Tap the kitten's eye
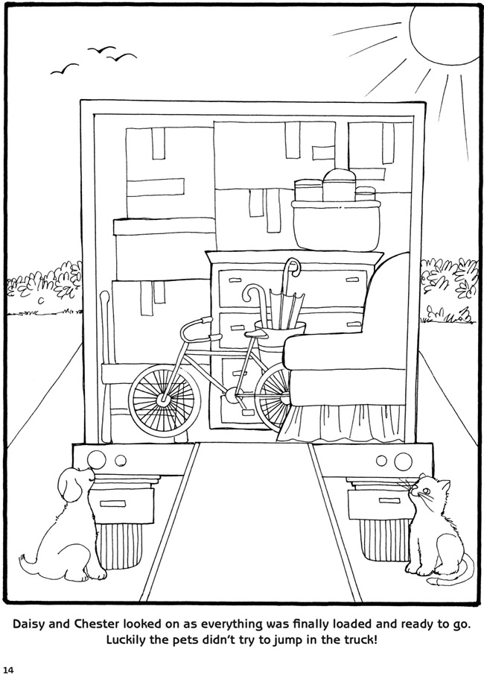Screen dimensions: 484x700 coord(426,491)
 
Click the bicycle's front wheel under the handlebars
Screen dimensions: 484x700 coord(162,399)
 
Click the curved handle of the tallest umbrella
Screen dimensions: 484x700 coord(292,267)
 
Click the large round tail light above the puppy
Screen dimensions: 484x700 coord(96,458)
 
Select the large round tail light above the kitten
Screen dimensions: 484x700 coord(402,461)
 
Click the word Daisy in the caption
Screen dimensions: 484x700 coord(28,624)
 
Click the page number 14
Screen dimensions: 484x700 coord(9,669)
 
